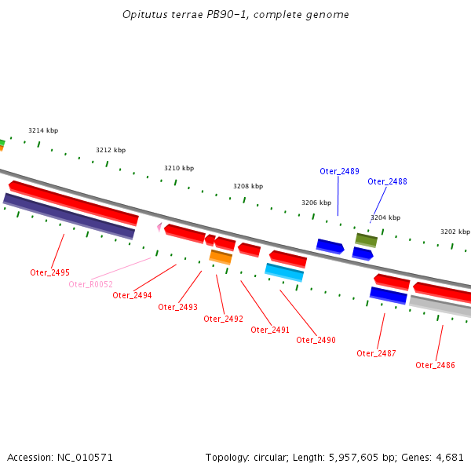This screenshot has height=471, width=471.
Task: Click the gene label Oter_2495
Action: click(x=50, y=272)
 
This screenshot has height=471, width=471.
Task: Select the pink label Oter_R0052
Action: click(x=90, y=284)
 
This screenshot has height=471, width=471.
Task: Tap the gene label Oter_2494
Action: click(x=132, y=295)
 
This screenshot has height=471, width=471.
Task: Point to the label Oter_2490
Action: click(x=316, y=340)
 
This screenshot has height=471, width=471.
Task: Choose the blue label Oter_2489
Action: click(x=339, y=171)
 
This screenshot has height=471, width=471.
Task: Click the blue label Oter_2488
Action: click(x=387, y=181)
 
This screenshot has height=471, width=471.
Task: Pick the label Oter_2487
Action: click(x=376, y=353)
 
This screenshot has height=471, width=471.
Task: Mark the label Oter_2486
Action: click(x=435, y=365)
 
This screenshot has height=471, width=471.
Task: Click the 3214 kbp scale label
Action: click(x=43, y=130)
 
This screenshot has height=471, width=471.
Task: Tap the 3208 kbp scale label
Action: click(x=248, y=186)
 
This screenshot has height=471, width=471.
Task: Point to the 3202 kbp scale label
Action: click(x=455, y=232)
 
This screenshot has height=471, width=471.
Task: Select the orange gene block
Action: click(x=221, y=257)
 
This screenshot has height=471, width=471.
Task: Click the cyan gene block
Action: click(x=284, y=272)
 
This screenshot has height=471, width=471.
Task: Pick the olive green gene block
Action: click(x=366, y=239)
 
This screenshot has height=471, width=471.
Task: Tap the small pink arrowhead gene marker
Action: click(x=159, y=227)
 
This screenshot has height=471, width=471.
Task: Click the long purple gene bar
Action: click(x=69, y=216)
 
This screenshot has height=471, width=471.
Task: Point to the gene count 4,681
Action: click(x=450, y=457)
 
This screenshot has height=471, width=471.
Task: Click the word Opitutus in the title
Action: click(x=145, y=15)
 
